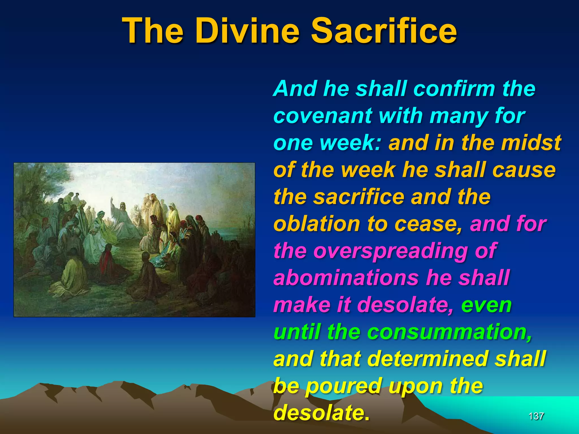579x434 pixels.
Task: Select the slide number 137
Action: click(x=536, y=416)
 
